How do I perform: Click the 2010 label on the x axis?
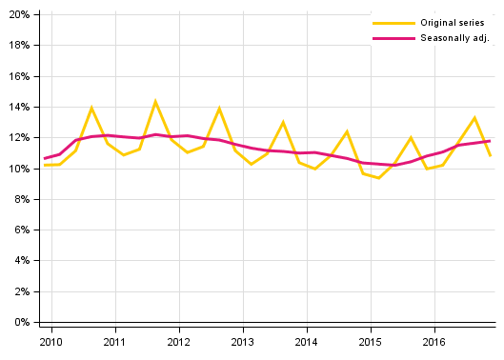click(x=50, y=341)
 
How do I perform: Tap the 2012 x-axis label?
click(x=179, y=341)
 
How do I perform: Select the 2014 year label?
click(x=307, y=341)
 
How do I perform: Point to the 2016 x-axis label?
click(x=434, y=341)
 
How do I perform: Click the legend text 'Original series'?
click(x=453, y=22)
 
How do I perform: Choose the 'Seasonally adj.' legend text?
click(x=454, y=38)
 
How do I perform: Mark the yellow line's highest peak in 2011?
click(x=155, y=101)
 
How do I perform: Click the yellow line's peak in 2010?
click(x=91, y=108)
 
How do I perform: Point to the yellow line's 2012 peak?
click(x=219, y=109)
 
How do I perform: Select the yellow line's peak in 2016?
click(x=474, y=117)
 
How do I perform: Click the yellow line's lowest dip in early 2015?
click(x=378, y=178)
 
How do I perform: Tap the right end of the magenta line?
click(x=490, y=141)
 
